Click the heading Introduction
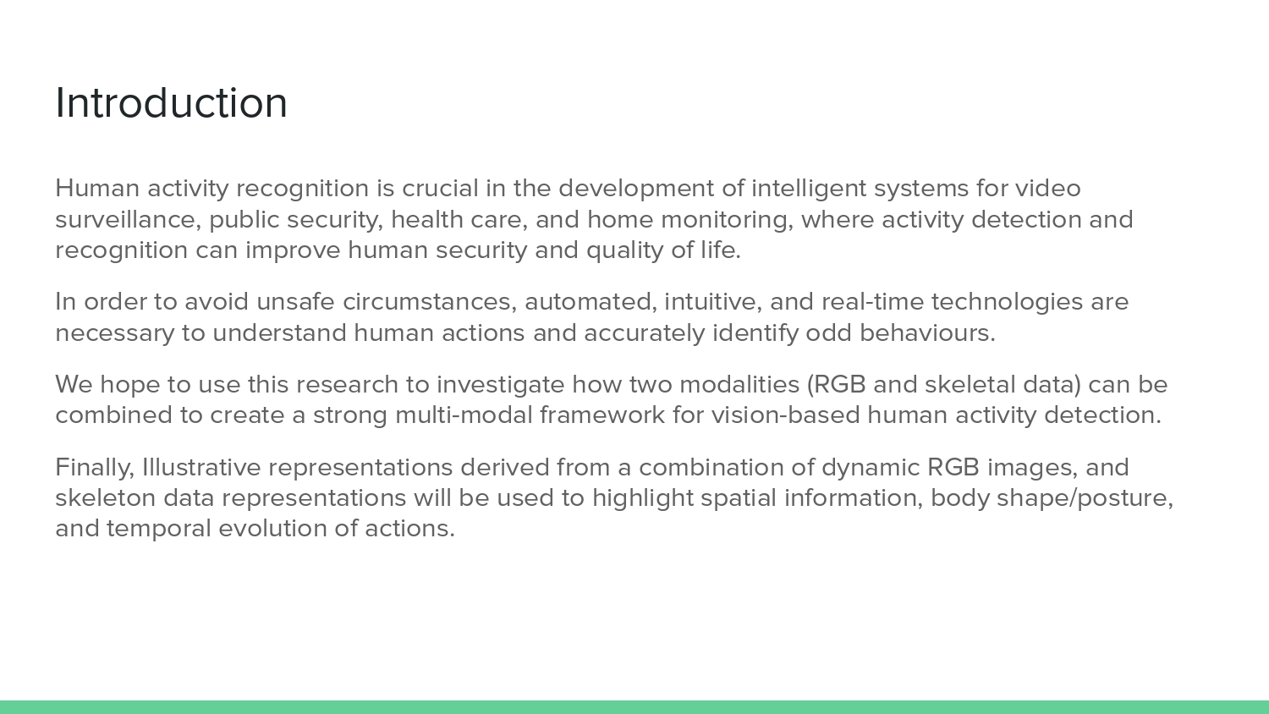[x=171, y=103]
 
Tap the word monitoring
[x=727, y=219]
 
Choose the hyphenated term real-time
[x=872, y=302]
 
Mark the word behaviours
[x=927, y=333]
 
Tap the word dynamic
[x=871, y=468]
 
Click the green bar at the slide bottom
[x=634, y=707]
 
